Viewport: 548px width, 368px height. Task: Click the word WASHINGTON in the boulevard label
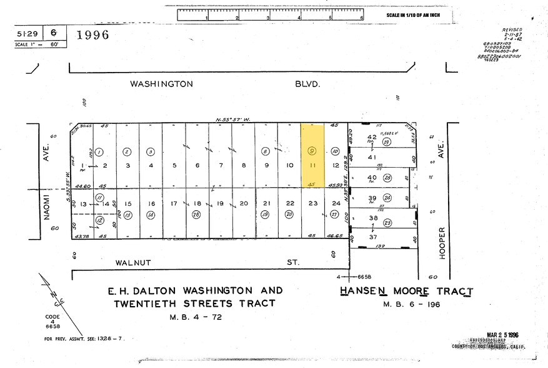(x=161, y=83)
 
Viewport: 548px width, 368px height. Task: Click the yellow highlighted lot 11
(x=312, y=165)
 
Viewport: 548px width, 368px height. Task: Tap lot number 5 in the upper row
(x=174, y=165)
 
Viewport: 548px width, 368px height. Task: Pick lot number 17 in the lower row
(x=174, y=203)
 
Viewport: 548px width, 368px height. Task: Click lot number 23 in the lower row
(x=312, y=203)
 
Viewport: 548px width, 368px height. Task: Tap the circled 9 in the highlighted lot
(x=312, y=151)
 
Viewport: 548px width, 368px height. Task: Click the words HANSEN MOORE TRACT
(x=406, y=292)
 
